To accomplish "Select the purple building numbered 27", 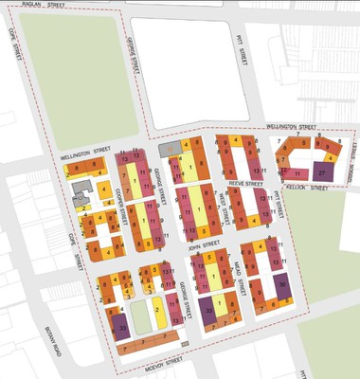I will click(x=323, y=173).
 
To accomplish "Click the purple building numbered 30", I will click(x=283, y=285).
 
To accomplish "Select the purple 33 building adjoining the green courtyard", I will click(x=121, y=327).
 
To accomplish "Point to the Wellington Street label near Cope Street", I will click(x=80, y=153).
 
